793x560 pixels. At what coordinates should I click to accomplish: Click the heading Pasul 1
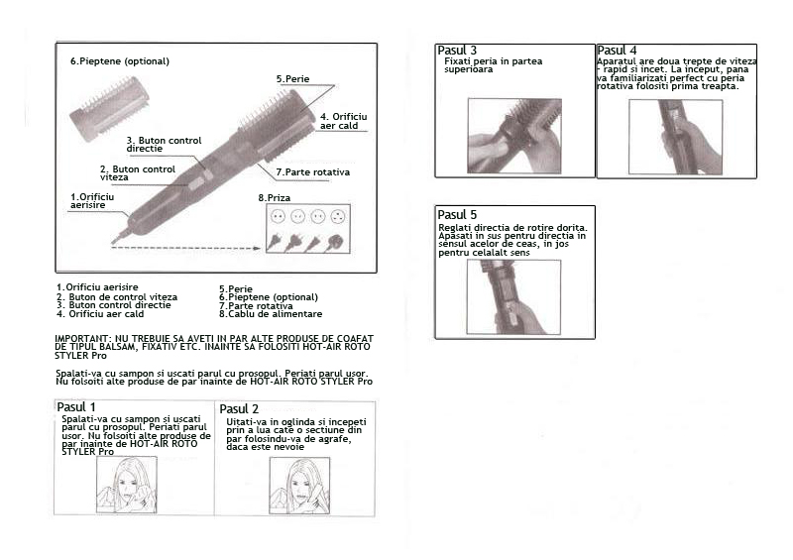click(x=76, y=407)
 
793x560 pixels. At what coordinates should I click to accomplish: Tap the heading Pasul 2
click(x=239, y=408)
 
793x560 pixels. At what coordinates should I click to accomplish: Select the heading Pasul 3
click(x=457, y=51)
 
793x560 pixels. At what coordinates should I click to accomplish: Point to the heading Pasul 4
click(x=617, y=51)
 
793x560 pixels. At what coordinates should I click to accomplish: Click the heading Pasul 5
click(x=457, y=214)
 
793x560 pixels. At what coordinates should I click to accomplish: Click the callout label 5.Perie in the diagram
click(x=292, y=79)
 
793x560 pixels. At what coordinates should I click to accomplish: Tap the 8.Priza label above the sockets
click(x=275, y=198)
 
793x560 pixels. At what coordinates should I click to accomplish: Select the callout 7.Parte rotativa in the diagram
click(x=313, y=172)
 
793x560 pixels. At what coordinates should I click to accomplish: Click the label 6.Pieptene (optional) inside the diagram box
click(x=120, y=61)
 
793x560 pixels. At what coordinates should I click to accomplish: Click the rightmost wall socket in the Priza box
click(x=337, y=216)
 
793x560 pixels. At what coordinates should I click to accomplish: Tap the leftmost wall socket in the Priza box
click(x=278, y=216)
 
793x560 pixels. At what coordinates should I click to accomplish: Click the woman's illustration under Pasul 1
click(x=127, y=485)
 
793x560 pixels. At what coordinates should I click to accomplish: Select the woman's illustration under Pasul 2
click(x=299, y=486)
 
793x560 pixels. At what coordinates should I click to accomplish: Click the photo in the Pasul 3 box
click(x=514, y=136)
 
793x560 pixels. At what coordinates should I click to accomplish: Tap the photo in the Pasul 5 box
click(x=513, y=297)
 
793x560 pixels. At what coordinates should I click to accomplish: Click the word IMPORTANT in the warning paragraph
click(x=81, y=338)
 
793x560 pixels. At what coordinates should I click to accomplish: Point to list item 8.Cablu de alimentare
click(x=271, y=314)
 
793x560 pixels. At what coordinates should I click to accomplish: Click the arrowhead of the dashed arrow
click(x=257, y=248)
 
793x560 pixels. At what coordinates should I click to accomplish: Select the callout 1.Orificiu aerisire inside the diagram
click(x=92, y=201)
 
